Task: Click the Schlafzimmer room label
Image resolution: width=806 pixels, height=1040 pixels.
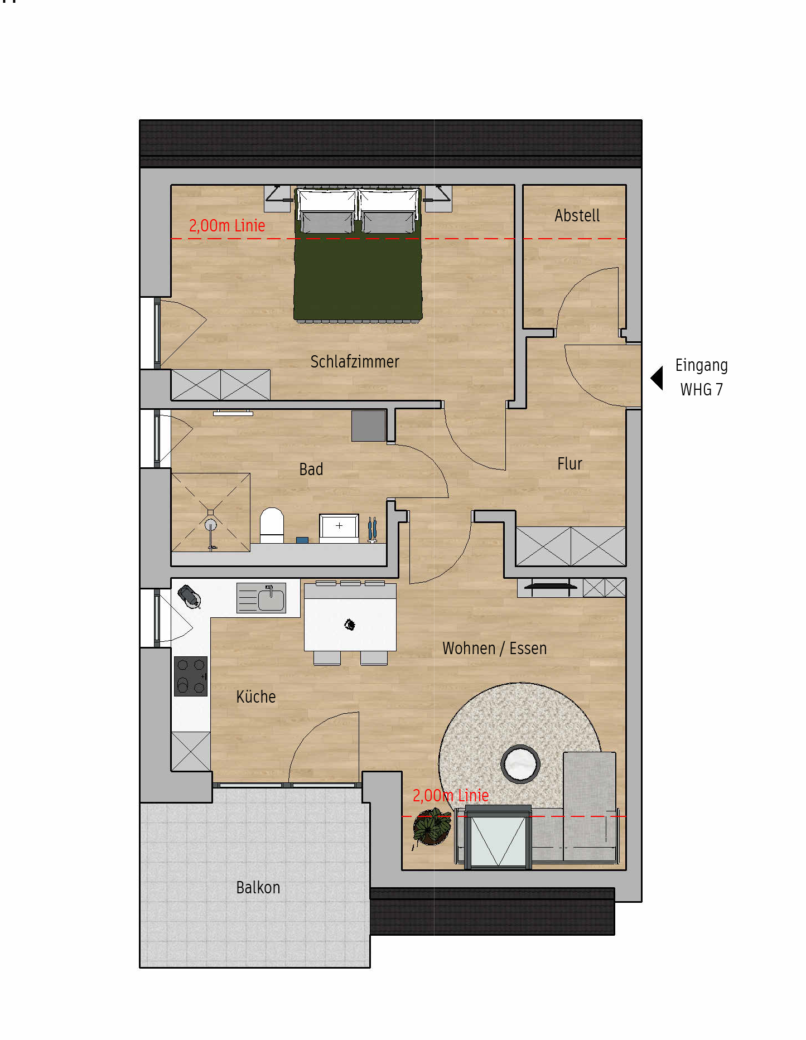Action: [355, 362]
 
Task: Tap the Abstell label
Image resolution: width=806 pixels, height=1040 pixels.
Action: [577, 216]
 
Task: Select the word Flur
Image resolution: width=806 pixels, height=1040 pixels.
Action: [569, 463]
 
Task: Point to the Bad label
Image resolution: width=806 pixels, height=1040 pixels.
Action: [311, 470]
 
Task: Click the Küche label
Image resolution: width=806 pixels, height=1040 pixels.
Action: [256, 696]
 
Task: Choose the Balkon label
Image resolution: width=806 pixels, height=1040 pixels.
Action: [258, 887]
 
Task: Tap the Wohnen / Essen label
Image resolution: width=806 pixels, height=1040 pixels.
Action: [494, 649]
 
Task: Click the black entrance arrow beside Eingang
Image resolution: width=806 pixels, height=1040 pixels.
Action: [657, 378]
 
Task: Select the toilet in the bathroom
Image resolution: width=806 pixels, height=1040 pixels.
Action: [272, 525]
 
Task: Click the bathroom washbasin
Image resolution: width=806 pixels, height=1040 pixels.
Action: [339, 527]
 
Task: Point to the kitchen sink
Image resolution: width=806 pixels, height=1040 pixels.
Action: [271, 598]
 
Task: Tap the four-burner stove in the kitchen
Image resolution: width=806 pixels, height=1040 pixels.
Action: [191, 676]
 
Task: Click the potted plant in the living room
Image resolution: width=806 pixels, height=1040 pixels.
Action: [431, 826]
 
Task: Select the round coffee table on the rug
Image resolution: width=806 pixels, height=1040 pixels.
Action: [520, 764]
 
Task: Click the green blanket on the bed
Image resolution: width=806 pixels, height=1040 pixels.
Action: [358, 277]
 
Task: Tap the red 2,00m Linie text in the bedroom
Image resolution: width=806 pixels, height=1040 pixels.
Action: [227, 226]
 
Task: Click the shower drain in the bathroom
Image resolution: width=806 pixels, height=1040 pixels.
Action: [210, 524]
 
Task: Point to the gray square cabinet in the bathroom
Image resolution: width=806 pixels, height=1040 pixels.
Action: [369, 426]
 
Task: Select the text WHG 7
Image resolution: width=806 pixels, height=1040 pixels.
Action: [702, 390]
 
